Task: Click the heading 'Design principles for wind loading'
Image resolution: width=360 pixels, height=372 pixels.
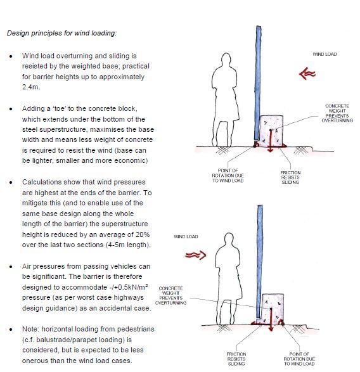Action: click(61, 33)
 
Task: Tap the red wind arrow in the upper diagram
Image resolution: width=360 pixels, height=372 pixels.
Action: click(307, 74)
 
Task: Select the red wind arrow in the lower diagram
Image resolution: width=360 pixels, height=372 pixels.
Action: click(196, 255)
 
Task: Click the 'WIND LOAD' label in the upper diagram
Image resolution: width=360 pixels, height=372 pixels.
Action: click(325, 54)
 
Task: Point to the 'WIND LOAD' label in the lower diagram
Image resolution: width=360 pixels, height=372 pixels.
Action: click(186, 236)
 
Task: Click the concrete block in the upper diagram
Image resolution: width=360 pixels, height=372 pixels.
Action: click(271, 131)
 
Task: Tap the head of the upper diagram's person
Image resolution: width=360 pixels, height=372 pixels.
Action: click(226, 60)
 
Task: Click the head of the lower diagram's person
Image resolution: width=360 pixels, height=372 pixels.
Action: click(229, 240)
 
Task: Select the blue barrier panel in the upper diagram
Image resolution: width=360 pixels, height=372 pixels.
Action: click(258, 83)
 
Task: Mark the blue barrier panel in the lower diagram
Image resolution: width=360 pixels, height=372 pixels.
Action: click(260, 262)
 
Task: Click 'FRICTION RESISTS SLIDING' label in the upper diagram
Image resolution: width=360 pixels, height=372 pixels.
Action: click(290, 177)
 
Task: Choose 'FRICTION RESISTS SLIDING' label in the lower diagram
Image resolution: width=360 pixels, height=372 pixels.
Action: click(236, 359)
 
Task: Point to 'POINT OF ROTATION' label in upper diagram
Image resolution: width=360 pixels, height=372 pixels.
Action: click(228, 176)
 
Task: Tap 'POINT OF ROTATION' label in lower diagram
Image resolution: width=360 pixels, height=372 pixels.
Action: click(299, 359)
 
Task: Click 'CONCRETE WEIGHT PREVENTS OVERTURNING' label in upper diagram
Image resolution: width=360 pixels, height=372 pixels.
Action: click(337, 113)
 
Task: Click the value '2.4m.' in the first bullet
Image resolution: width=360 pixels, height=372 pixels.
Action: click(31, 87)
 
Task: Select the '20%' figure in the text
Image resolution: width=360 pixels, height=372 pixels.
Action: click(143, 234)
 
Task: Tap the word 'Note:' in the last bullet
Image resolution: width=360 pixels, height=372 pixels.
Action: click(30, 329)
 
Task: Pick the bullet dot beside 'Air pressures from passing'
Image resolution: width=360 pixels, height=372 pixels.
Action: click(11, 267)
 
